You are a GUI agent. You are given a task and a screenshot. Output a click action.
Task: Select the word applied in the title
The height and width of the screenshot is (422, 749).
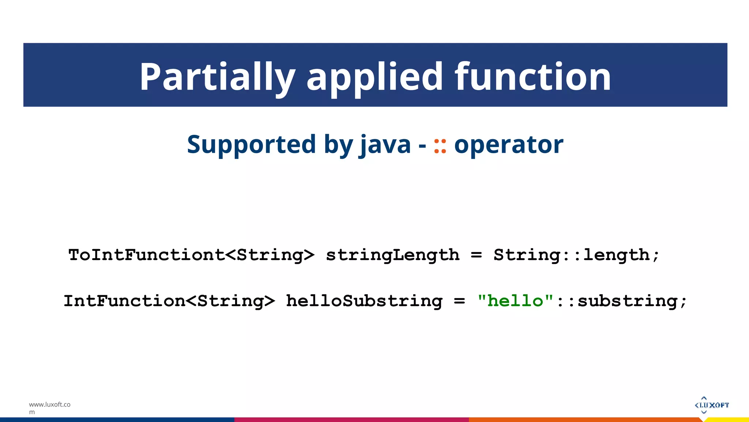click(x=375, y=77)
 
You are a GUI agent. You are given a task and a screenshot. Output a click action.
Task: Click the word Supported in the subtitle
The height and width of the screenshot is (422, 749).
click(x=251, y=144)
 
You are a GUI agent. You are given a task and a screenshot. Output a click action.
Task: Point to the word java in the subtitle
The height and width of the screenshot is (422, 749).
click(x=385, y=144)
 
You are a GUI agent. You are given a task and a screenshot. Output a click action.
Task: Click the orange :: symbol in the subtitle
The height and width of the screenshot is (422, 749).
click(x=440, y=146)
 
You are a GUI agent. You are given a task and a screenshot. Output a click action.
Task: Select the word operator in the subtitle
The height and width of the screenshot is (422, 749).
click(x=508, y=145)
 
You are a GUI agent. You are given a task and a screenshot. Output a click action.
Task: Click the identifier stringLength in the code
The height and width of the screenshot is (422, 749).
click(x=392, y=255)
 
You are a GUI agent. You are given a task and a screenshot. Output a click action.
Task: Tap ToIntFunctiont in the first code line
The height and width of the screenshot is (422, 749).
click(x=146, y=255)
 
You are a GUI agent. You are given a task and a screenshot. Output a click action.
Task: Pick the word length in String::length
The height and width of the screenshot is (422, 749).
click(x=616, y=255)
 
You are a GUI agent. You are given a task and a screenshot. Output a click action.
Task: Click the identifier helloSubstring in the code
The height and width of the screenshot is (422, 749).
click(x=364, y=301)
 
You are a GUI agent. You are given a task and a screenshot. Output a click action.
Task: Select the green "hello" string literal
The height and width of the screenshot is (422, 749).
click(x=515, y=301)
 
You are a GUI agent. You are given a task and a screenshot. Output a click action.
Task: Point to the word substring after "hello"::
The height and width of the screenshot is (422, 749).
click(x=628, y=301)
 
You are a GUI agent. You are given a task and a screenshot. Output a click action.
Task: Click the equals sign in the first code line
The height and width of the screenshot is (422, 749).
click(x=476, y=255)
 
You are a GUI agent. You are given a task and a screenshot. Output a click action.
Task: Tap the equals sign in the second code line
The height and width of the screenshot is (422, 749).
click(x=459, y=301)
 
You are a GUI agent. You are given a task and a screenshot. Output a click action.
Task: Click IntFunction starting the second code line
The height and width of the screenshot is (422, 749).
click(x=124, y=301)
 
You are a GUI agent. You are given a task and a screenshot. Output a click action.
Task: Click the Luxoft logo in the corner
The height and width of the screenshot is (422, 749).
click(x=711, y=405)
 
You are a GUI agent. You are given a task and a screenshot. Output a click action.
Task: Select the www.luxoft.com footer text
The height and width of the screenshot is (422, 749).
click(x=49, y=408)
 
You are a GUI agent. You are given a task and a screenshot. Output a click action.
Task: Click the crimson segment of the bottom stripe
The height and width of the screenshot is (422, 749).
click(x=351, y=419)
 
